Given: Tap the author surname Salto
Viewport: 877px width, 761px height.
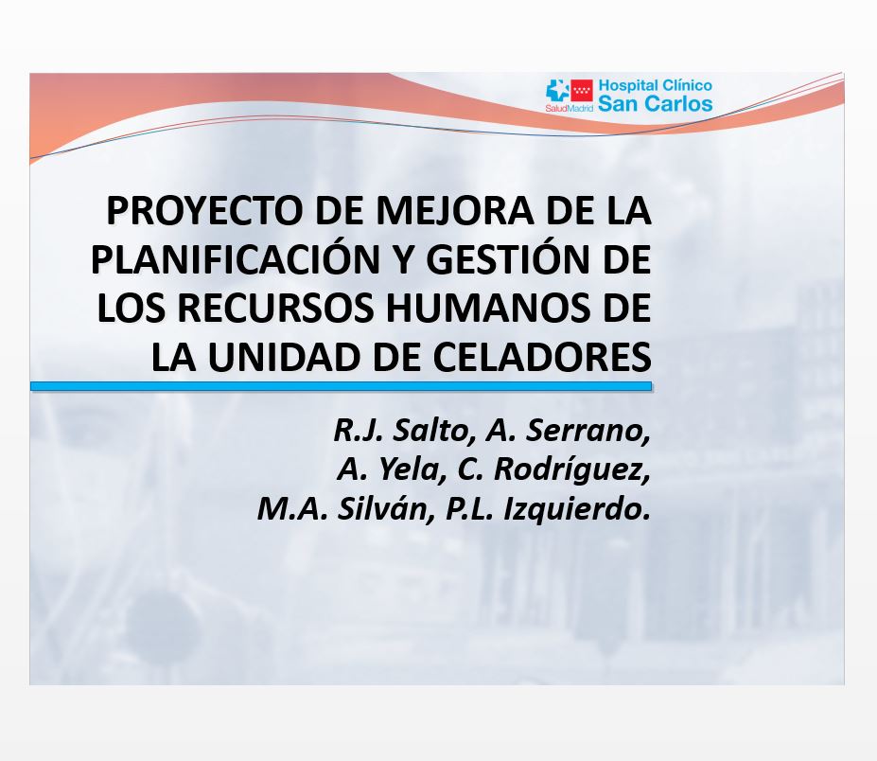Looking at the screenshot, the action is coord(430,430).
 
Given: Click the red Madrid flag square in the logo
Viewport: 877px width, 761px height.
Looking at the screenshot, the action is coord(582,91).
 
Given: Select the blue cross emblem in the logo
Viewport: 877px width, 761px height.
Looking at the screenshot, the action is coord(557,91).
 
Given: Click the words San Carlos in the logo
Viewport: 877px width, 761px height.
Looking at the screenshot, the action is coord(655,104).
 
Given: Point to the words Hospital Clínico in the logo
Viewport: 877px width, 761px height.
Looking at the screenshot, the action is coord(655,85).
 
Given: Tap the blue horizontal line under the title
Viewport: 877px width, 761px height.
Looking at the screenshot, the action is coord(342,386).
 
